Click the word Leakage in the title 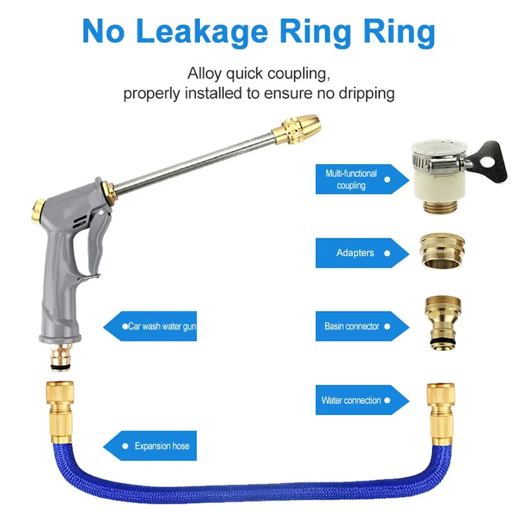pyautogui.click(x=202, y=32)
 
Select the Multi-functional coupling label pyautogui.click(x=362, y=179)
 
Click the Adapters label pyautogui.click(x=362, y=253)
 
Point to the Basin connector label pyautogui.click(x=362, y=326)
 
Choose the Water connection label pyautogui.click(x=362, y=400)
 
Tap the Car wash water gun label pyautogui.click(x=150, y=326)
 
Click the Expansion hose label pyautogui.click(x=150, y=446)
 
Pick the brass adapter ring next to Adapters pyautogui.click(x=442, y=250)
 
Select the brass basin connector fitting pyautogui.click(x=443, y=322)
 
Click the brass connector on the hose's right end pyautogui.click(x=441, y=414)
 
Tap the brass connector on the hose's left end pyautogui.click(x=60, y=412)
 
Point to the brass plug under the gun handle pyautogui.click(x=61, y=357)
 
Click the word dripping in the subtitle pyautogui.click(x=367, y=93)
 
